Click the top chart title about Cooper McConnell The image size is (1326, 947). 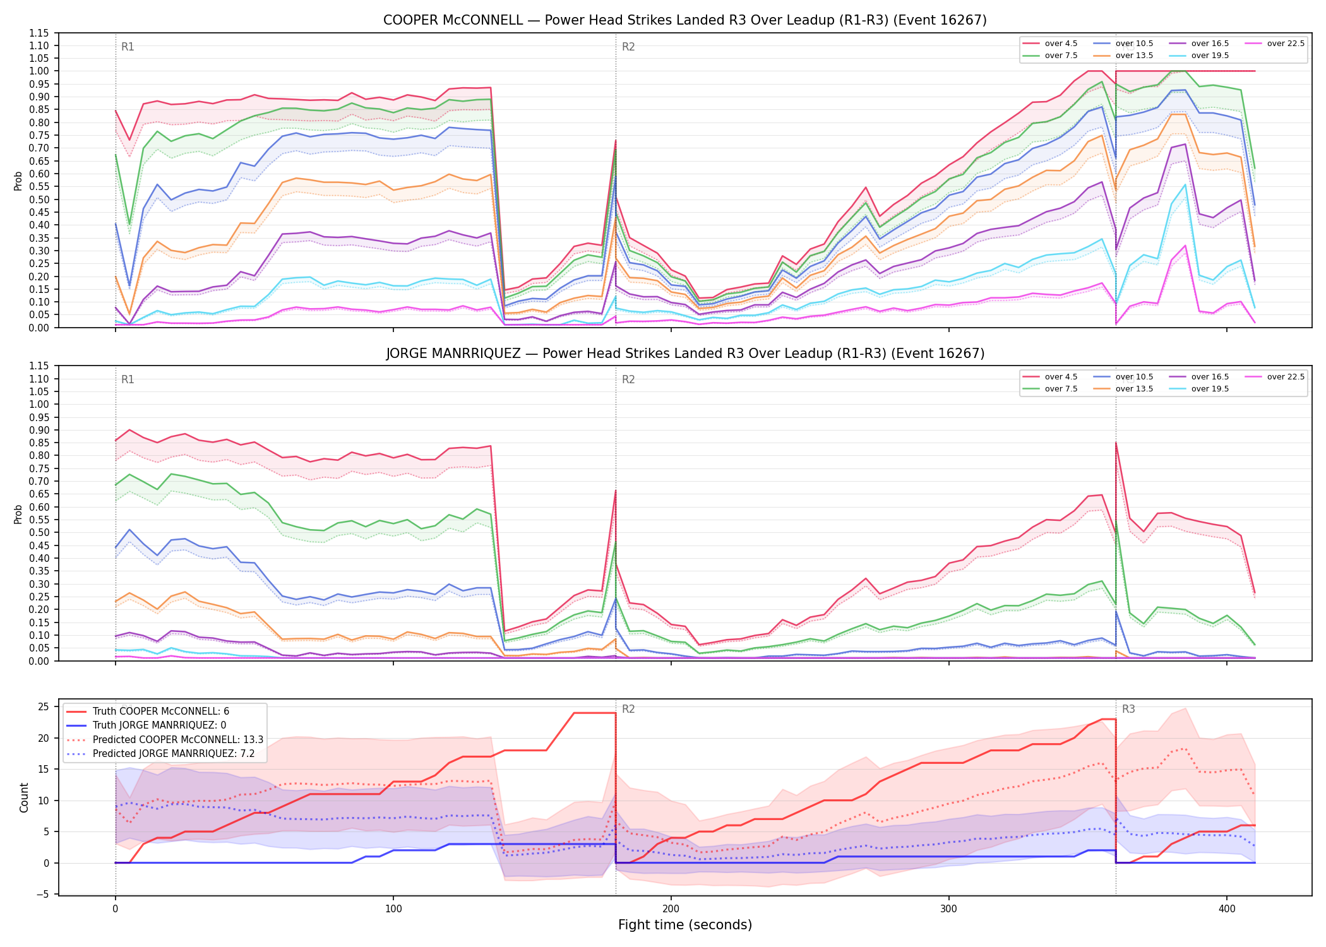(x=685, y=20)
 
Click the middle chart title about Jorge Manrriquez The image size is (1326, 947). (x=685, y=354)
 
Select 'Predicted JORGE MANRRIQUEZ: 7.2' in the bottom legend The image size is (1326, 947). (x=165, y=754)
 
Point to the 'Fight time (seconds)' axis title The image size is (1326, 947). (x=685, y=926)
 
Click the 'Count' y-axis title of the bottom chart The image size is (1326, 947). (x=25, y=797)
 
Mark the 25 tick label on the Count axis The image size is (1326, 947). (x=43, y=707)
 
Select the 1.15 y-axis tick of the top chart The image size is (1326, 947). (x=40, y=33)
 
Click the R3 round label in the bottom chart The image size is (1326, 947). (x=1128, y=709)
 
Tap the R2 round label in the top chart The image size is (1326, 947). (x=628, y=47)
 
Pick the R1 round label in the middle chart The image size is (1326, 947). (x=128, y=379)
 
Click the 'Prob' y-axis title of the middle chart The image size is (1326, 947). (x=18, y=514)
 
